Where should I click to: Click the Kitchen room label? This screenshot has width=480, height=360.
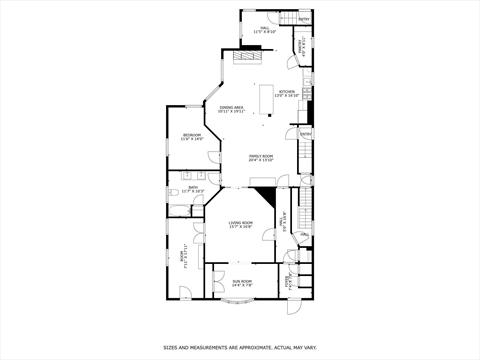[287, 95]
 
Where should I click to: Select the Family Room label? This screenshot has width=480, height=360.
[261, 158]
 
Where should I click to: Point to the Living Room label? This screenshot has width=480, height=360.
[241, 225]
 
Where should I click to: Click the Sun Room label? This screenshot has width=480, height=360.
[243, 283]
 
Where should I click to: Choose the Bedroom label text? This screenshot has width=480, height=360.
[192, 137]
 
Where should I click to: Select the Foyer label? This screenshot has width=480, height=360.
[290, 281]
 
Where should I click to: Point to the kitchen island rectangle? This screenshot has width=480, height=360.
[266, 101]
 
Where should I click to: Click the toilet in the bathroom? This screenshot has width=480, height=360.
[174, 211]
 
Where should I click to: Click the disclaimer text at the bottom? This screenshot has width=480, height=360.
[240, 347]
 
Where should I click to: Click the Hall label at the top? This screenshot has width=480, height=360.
[265, 30]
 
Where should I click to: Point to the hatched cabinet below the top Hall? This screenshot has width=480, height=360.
[246, 57]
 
